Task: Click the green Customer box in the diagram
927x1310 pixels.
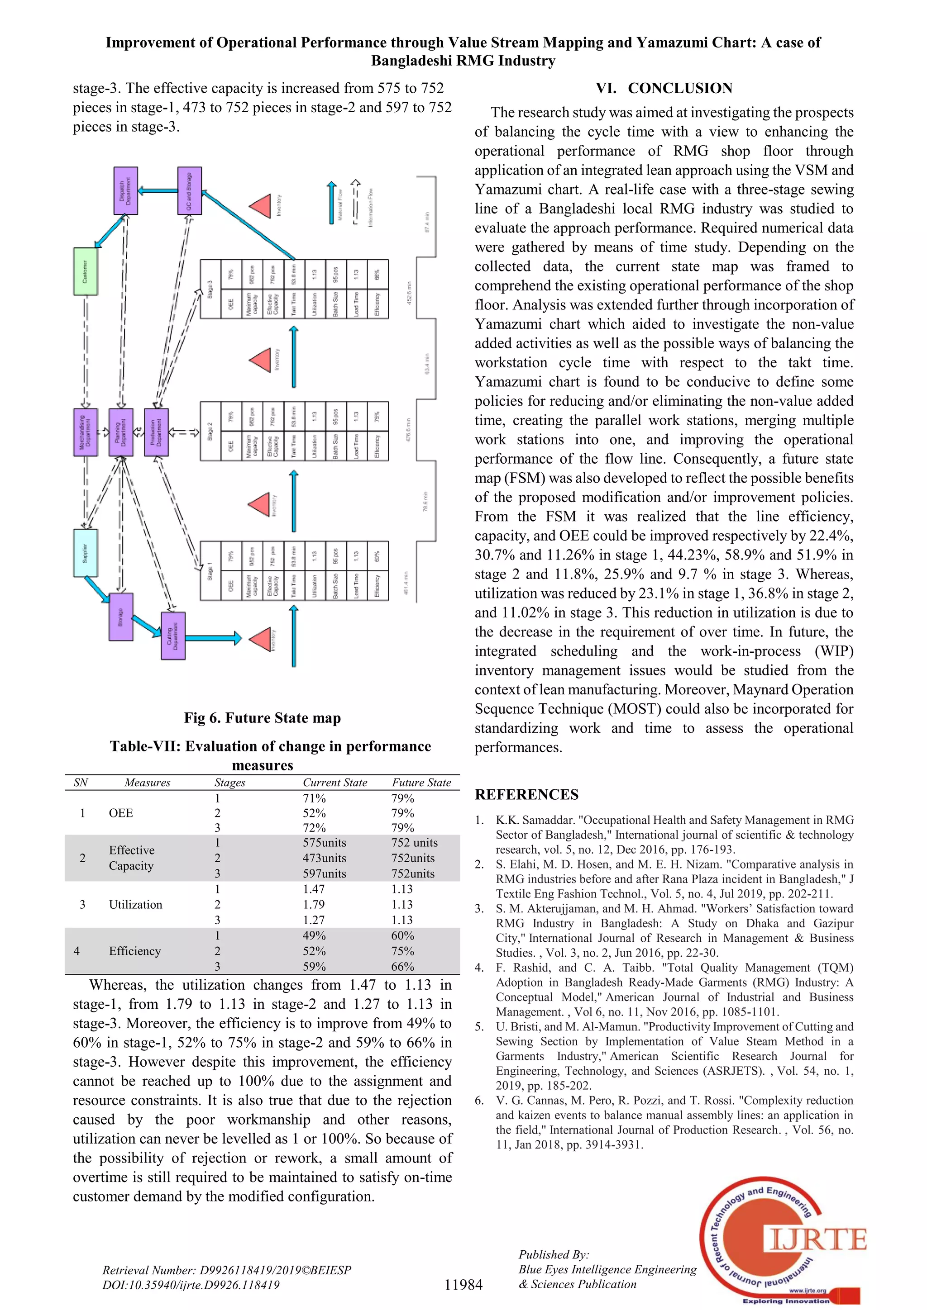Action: pyautogui.click(x=85, y=271)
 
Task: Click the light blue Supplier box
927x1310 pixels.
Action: pyautogui.click(x=85, y=552)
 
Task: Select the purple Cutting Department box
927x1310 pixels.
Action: pyautogui.click(x=173, y=636)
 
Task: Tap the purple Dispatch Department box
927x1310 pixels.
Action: pyautogui.click(x=125, y=190)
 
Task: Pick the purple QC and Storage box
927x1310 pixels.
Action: pyautogui.click(x=190, y=190)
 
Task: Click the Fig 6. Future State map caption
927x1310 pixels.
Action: pyautogui.click(x=262, y=718)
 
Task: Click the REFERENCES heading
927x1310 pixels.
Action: pyautogui.click(x=526, y=794)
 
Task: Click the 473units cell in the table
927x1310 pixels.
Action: pyautogui.click(x=324, y=858)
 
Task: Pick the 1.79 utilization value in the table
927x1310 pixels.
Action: pyautogui.click(x=314, y=904)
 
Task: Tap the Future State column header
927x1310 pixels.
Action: pyautogui.click(x=421, y=782)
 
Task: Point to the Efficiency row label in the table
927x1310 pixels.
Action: pyautogui.click(x=135, y=950)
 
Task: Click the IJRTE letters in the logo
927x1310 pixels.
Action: pyautogui.click(x=816, y=1239)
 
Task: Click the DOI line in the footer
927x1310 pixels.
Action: pyautogui.click(x=191, y=1285)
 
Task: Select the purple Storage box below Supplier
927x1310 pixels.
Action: pyautogui.click(x=121, y=617)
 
